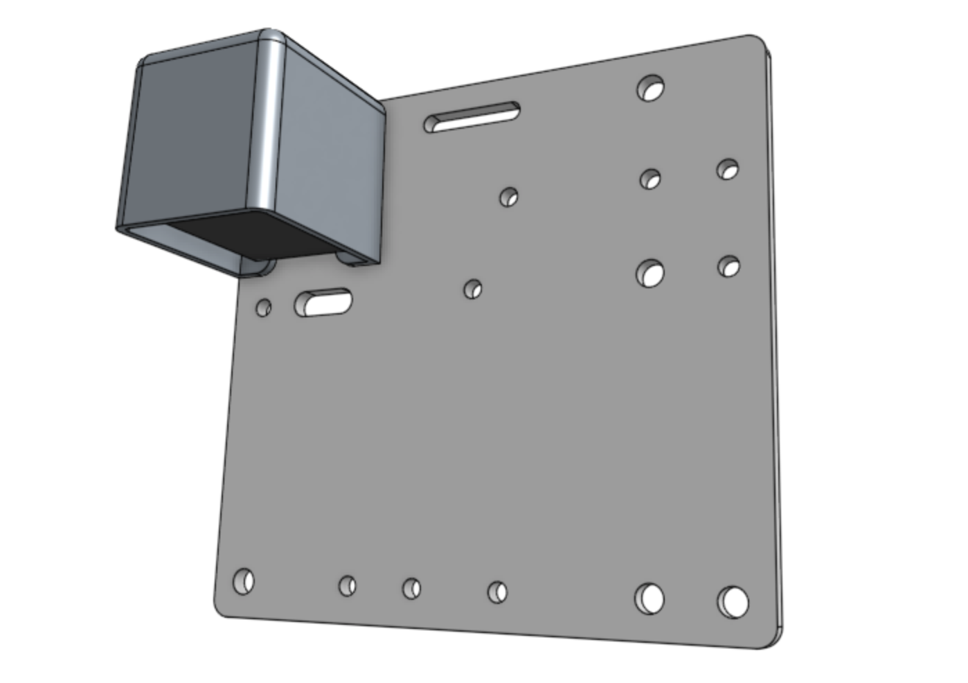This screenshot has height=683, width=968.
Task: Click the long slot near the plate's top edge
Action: point(473,117)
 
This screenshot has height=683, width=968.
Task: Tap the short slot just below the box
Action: point(323,302)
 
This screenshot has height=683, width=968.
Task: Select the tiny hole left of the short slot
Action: point(263,307)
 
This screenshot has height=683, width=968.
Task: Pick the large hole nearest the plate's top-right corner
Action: point(650,88)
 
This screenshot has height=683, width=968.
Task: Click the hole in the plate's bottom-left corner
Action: point(244,580)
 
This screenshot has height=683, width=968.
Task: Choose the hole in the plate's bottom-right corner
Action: point(733,601)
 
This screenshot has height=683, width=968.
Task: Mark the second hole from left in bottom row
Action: point(348,586)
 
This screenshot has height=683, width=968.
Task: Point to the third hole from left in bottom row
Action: point(411,589)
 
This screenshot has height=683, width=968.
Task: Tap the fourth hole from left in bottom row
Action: point(497,592)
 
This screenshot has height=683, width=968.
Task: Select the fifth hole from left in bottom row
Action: point(649,598)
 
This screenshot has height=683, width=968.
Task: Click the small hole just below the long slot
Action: point(509,197)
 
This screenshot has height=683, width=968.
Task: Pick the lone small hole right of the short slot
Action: point(473,289)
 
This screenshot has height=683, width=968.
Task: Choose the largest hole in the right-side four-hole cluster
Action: point(650,272)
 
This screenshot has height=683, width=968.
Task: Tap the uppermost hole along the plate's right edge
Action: point(728,168)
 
